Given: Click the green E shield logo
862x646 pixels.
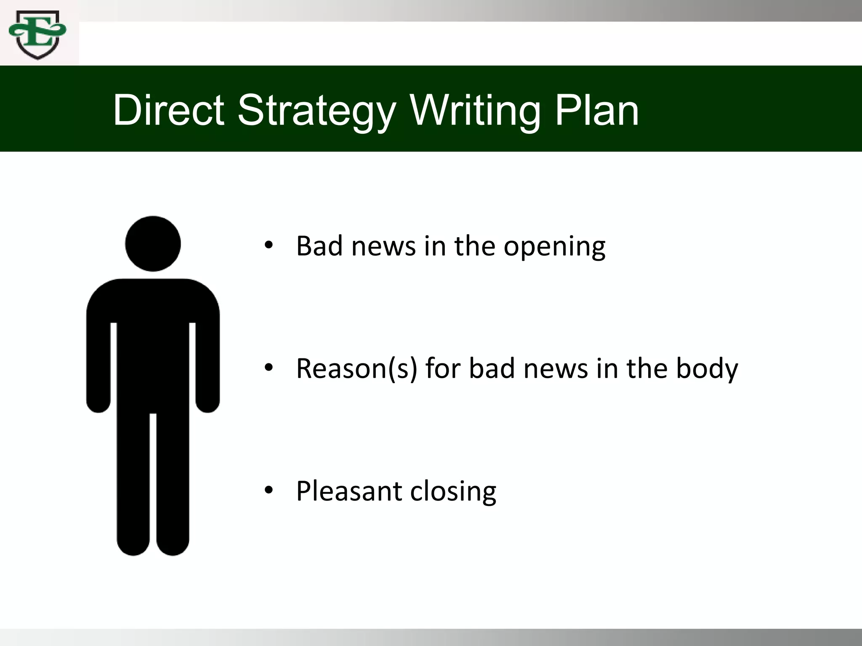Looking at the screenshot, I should (x=37, y=34).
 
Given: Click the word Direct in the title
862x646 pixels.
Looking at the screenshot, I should (x=168, y=110).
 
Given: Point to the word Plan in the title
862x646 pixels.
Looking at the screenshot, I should (x=597, y=110).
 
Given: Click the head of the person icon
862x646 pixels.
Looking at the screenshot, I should (x=153, y=244).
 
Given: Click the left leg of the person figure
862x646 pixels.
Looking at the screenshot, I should (x=133, y=484).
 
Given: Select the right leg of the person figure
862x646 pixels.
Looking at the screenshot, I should (x=173, y=484).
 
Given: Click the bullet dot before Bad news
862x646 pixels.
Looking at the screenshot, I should (x=269, y=245).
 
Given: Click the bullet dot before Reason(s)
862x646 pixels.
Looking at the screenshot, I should (x=269, y=368).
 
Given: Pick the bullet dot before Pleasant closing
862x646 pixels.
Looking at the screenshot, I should (x=269, y=490).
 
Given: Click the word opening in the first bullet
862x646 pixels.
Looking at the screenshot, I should (x=554, y=247).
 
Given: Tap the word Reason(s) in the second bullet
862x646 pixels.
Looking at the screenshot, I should (x=357, y=369).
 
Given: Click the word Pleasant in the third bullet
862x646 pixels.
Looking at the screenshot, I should (x=349, y=491).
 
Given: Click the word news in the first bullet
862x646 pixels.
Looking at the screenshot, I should (x=383, y=247).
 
